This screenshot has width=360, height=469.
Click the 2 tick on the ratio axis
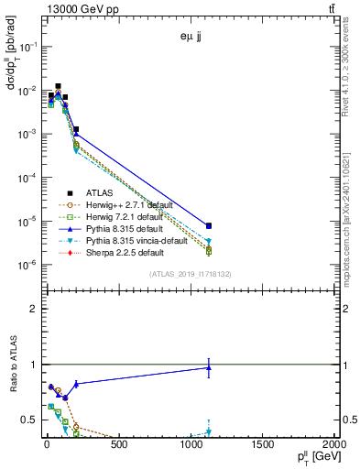31,309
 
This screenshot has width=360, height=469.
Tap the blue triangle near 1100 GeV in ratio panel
209,368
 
